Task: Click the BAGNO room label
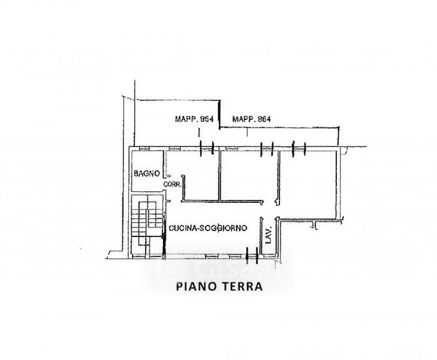click(146, 174)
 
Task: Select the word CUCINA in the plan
click(182, 229)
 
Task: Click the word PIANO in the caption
click(195, 286)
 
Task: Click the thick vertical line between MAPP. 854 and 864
click(218, 114)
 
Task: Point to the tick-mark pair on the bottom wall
click(252, 254)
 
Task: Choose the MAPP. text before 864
click(242, 119)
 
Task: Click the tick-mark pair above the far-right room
click(299, 147)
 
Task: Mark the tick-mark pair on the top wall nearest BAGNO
click(207, 147)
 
